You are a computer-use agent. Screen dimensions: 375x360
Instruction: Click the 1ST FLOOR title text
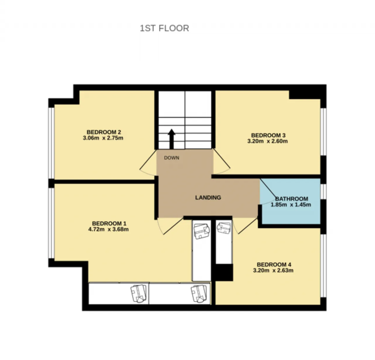pos(164,28)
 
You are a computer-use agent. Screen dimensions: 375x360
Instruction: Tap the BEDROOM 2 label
pos(104,132)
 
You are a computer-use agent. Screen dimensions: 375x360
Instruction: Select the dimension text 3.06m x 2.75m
pos(103,138)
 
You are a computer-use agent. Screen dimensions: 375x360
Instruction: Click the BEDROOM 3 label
pos(268,135)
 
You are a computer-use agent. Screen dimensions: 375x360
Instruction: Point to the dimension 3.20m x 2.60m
pos(267,141)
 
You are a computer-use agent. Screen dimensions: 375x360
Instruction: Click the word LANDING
pos(208,197)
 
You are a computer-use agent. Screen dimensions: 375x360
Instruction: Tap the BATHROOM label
pos(292,199)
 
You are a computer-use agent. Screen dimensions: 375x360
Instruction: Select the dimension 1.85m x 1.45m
pos(291,205)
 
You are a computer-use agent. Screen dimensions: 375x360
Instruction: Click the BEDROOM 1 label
pos(109,223)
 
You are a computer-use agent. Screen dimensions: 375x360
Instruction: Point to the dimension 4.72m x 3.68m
pos(108,229)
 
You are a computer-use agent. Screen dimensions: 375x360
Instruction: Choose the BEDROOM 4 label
pos(274,264)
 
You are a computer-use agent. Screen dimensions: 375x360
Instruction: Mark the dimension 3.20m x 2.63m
pos(273,270)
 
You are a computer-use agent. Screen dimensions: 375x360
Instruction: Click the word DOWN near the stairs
pos(171,158)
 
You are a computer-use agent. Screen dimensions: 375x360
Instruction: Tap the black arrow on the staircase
pos(171,139)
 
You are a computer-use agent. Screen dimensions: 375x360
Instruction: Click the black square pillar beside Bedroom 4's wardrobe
pos(224,272)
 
